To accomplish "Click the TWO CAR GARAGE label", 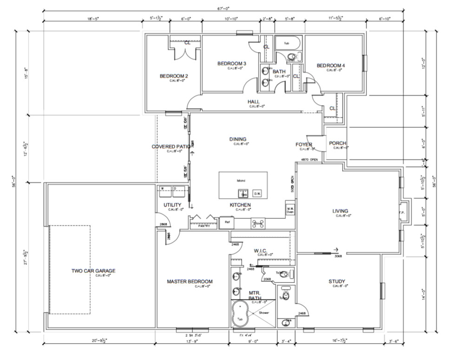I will [93, 271].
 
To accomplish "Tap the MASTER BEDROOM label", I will [190, 281].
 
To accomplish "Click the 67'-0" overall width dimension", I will [223, 8].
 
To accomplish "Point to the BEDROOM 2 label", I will [173, 76].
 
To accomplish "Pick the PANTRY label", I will [204, 226].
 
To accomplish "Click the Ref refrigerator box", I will [227, 222].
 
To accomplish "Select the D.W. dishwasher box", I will [257, 193].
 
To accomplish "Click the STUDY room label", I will [336, 281].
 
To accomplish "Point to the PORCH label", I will [337, 143].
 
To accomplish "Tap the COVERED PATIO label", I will [172, 147].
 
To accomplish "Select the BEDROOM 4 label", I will [331, 66].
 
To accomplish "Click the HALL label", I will [253, 101].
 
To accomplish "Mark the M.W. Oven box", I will [290, 210].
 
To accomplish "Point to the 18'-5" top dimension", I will [92, 19].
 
